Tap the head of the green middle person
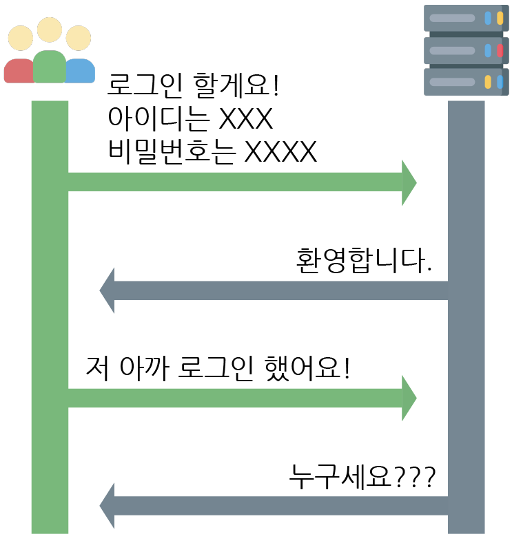click(49, 30)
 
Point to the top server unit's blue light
click(488, 19)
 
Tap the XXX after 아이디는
click(245, 120)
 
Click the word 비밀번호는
click(172, 151)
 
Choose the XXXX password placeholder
click(281, 151)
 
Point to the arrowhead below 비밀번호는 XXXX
click(409, 183)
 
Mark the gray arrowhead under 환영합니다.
click(107, 291)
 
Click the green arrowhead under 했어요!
click(409, 398)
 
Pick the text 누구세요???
click(362, 476)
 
